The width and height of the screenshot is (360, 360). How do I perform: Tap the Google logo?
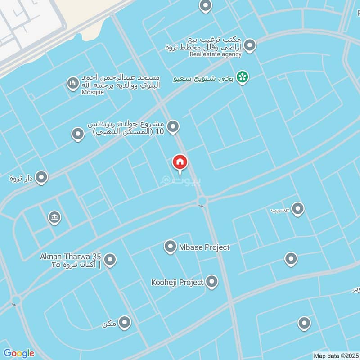point(18,353)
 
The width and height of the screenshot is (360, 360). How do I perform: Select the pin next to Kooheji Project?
point(212,282)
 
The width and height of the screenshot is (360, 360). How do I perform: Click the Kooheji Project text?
point(178,283)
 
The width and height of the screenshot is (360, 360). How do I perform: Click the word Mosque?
point(92,92)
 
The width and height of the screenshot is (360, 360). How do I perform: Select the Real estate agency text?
point(216,54)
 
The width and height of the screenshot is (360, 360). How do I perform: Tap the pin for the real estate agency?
point(250,45)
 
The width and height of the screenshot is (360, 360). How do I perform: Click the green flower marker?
point(243,77)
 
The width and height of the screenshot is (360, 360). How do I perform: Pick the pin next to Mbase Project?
point(170,247)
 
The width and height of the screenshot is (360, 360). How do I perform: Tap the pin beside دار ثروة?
point(42,177)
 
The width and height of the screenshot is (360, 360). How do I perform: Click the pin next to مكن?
point(125,322)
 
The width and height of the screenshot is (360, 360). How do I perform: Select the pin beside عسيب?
point(297,209)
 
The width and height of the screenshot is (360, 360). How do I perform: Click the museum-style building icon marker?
point(54,218)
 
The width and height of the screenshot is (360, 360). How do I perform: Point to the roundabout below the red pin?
point(202,201)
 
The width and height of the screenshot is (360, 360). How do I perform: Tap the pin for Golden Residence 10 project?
point(173,127)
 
